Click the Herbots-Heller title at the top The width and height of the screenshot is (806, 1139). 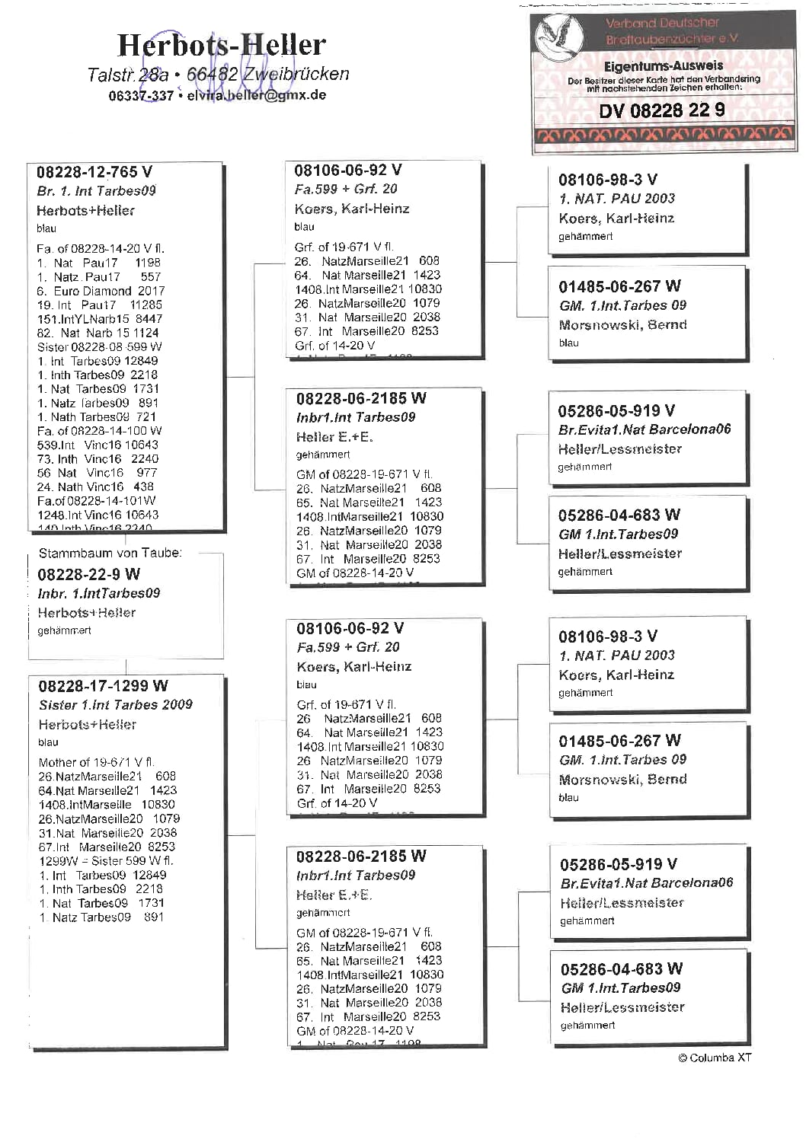[221, 46]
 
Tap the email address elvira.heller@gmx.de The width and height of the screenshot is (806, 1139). [257, 95]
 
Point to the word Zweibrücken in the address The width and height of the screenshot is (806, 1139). [296, 74]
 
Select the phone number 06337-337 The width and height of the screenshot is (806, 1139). [141, 95]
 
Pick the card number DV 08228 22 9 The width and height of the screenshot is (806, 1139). [661, 110]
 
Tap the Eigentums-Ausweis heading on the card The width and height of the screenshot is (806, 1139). [663, 66]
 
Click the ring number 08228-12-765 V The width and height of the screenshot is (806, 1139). [94, 172]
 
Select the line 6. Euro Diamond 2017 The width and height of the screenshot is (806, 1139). [101, 291]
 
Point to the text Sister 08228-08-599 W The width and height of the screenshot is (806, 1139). [100, 346]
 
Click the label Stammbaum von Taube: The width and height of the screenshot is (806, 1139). [110, 554]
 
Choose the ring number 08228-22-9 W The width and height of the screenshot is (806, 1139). [89, 574]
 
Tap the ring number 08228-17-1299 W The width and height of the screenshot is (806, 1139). [104, 686]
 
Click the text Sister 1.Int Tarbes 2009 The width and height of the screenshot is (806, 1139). [116, 705]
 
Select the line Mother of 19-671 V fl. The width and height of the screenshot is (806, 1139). [97, 762]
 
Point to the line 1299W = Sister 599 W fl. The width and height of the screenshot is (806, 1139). [106, 860]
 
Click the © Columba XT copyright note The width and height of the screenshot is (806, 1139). [715, 1058]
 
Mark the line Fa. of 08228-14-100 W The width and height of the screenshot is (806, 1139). [100, 431]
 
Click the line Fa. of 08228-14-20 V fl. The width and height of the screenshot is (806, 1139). [101, 249]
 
